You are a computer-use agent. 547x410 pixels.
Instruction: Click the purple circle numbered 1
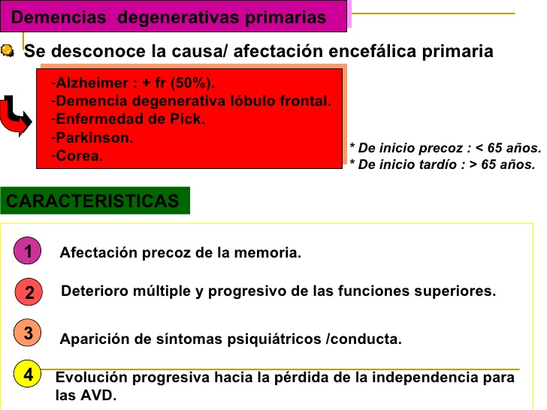click(x=27, y=250)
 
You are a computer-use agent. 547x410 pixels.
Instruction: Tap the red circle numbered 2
click(x=29, y=292)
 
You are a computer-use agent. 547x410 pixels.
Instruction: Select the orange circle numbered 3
click(x=27, y=332)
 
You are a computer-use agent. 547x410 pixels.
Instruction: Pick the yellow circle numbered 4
click(x=28, y=374)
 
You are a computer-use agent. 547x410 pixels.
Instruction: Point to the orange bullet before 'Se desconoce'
click(x=8, y=50)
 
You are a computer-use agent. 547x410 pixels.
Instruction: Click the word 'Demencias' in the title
click(x=59, y=17)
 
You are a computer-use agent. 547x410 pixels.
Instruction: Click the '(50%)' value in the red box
click(x=192, y=83)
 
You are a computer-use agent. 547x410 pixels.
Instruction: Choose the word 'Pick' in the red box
click(x=186, y=119)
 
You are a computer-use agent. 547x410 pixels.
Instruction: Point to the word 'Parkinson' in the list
click(x=92, y=137)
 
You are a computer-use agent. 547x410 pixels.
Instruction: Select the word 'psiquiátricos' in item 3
click(x=274, y=339)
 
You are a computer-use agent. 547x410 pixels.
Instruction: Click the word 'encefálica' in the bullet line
click(x=372, y=51)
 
